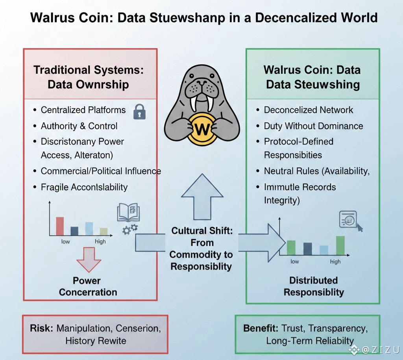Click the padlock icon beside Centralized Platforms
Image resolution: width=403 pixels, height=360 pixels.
coord(139,111)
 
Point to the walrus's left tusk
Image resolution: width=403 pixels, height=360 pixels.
coord(193,104)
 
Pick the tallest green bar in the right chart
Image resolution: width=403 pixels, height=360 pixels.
coord(340,245)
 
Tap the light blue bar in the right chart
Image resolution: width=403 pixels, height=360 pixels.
coord(324,250)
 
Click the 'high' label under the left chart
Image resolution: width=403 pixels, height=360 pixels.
coord(100,241)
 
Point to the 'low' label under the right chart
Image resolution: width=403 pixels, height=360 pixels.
coord(294,262)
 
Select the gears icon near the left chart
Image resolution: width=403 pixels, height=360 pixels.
coord(130,229)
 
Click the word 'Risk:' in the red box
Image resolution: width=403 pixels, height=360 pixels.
coord(42,328)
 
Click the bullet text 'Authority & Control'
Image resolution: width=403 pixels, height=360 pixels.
coord(79,126)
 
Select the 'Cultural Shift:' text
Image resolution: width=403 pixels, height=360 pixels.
coord(202,231)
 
